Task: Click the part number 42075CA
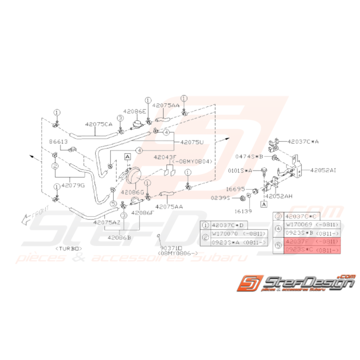click(99, 125)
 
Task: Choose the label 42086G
click(133, 191)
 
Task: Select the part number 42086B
click(118, 238)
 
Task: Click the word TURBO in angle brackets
click(70, 247)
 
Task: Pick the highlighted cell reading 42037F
click(295, 242)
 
